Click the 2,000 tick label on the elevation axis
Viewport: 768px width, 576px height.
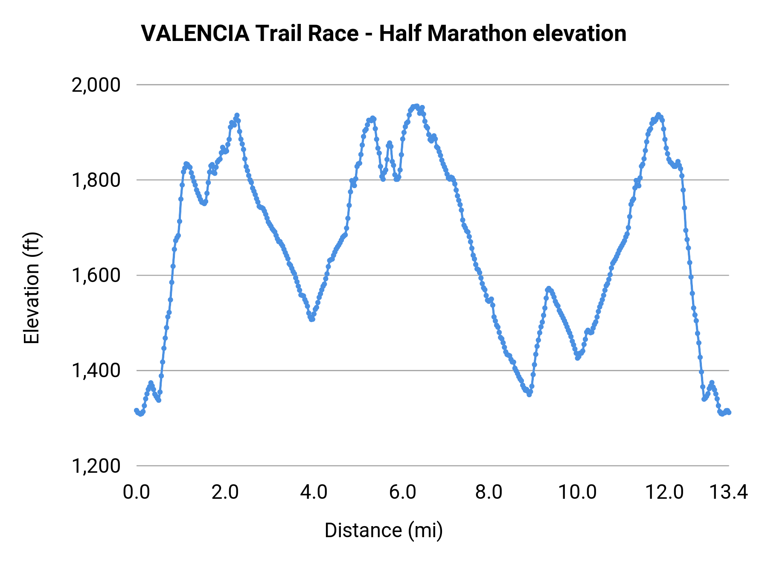pos(96,85)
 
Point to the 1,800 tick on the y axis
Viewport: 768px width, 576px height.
pos(96,180)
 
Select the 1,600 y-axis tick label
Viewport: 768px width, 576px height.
pos(96,276)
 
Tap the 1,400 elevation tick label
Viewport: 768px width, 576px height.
pos(96,371)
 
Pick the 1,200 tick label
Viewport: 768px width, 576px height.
pos(96,466)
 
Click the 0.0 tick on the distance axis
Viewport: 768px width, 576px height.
pos(137,492)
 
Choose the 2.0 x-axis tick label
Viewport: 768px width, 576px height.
pos(225,492)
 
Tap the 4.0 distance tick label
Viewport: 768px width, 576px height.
pos(314,492)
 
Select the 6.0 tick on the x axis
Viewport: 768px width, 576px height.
pos(402,492)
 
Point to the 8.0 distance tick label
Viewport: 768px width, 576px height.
pos(489,492)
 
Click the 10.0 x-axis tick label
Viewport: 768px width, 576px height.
pos(578,492)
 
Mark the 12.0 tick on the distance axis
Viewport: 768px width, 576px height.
pos(664,492)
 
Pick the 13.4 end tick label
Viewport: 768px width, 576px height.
pos(728,492)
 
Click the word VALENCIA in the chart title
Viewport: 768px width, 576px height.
pos(195,34)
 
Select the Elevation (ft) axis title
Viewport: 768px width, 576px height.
pos(32,288)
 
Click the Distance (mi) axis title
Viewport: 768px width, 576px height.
pos(384,530)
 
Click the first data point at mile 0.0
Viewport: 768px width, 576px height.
pos(137,410)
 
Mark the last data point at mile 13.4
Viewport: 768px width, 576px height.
pos(729,412)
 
